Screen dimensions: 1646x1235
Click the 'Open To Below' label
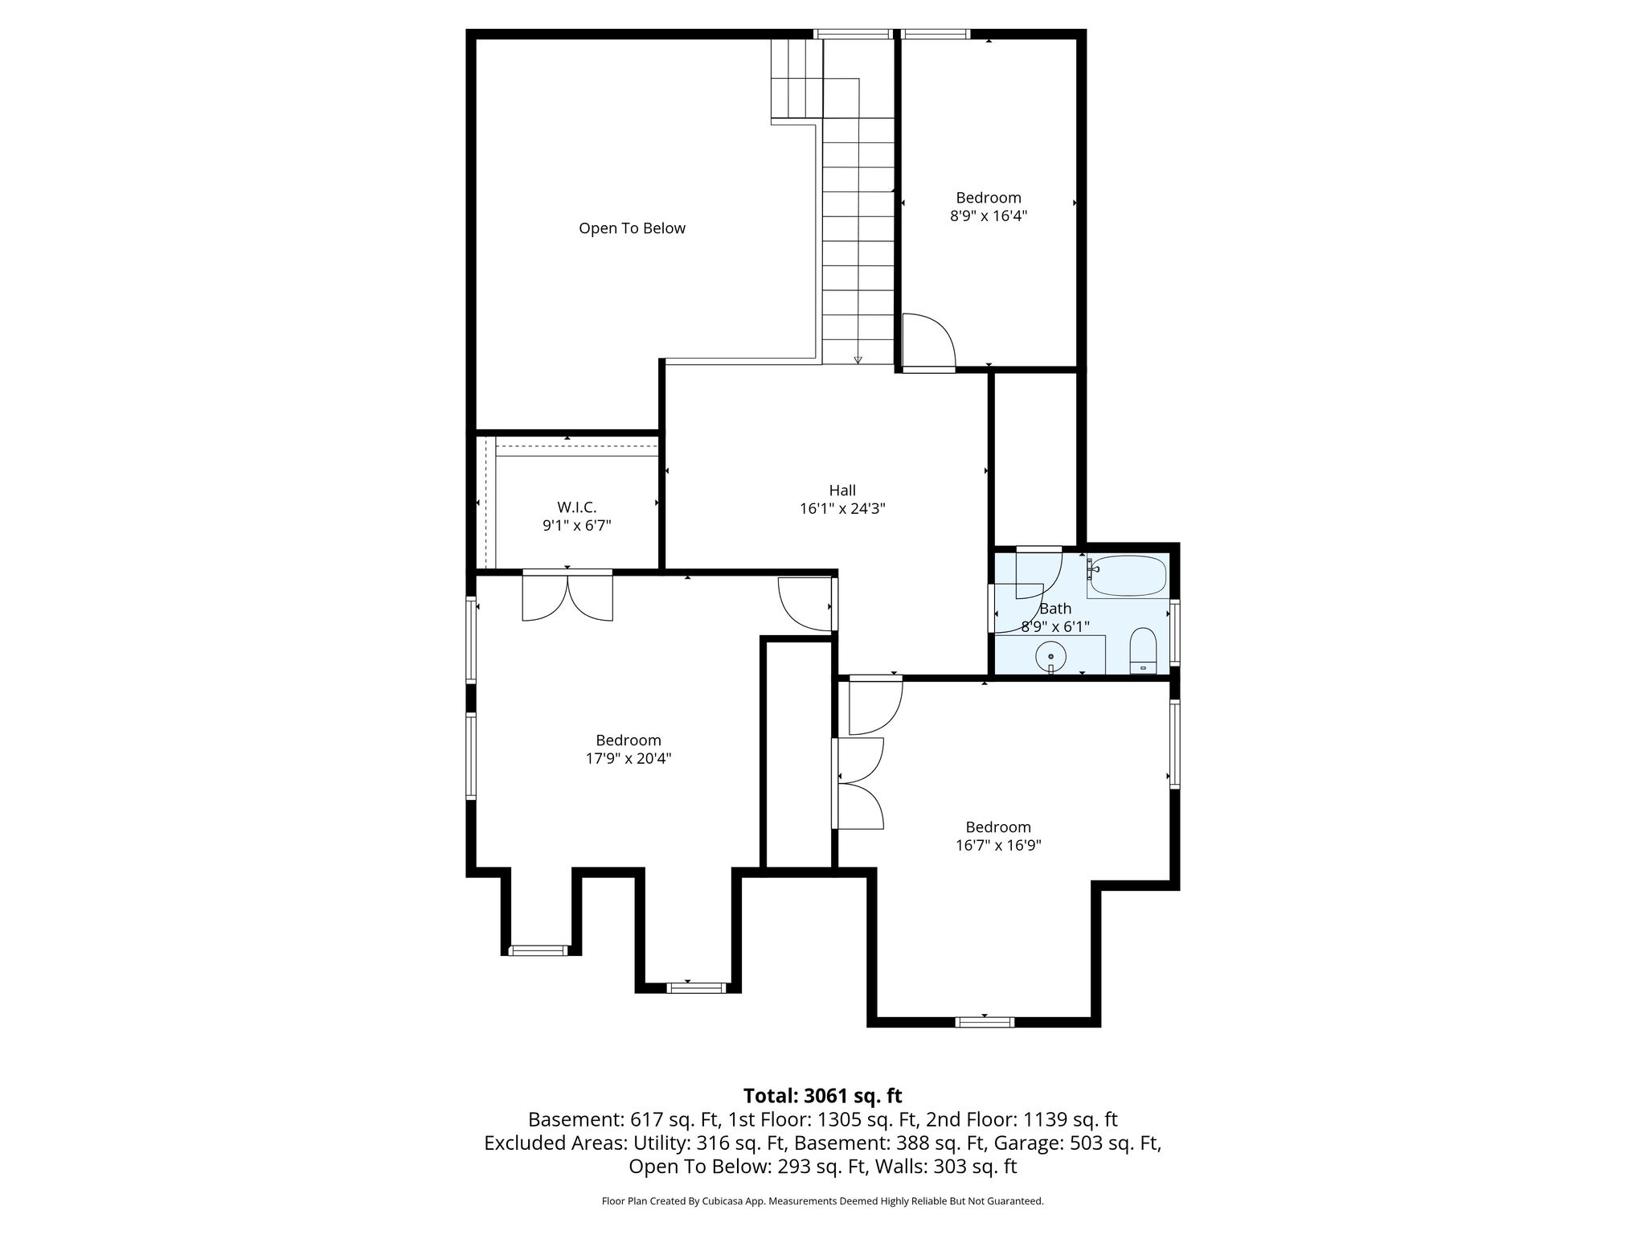(632, 228)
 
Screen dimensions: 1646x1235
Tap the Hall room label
(842, 490)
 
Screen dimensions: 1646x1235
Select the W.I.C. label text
(576, 507)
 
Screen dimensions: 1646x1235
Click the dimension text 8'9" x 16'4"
(989, 216)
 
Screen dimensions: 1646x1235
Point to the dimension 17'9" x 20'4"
(629, 758)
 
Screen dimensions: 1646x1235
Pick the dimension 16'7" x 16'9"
(998, 845)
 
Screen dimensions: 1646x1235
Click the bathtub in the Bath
(1128, 576)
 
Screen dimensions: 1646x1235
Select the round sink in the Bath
(1050, 657)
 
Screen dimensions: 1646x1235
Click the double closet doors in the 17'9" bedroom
(567, 597)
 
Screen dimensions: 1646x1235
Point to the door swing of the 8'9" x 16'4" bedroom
(927, 341)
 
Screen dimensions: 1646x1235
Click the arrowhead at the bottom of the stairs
(858, 360)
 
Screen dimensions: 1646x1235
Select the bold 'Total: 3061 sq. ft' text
(822, 1096)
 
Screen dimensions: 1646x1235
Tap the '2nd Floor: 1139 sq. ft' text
(1021, 1120)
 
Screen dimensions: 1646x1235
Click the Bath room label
(1055, 609)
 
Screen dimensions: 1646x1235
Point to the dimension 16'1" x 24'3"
(842, 509)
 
